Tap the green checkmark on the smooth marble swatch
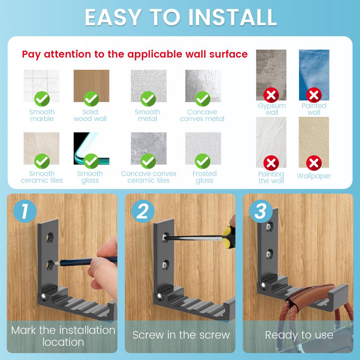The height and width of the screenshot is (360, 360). coord(42,99)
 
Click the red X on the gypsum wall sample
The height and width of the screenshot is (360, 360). coord(271,95)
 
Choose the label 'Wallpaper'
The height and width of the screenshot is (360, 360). coord(314,176)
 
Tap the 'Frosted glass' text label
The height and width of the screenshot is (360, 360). coord(204,177)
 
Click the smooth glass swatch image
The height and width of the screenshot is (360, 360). coord(91,146)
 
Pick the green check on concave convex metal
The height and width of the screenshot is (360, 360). coord(202,99)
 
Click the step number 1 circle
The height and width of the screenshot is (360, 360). coord(25,212)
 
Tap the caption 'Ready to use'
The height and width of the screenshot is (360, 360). coord(299,335)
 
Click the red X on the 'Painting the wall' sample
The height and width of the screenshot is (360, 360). coord(271,163)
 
